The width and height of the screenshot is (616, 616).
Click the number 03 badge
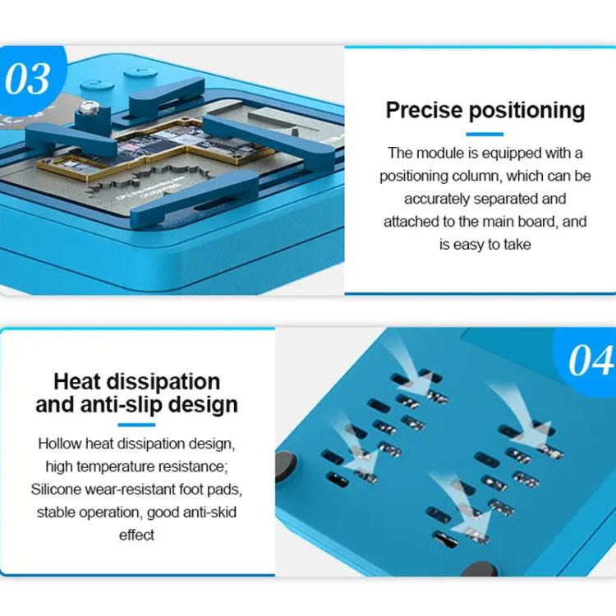pyautogui.click(x=28, y=80)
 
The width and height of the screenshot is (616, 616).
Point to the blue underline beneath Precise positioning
pyautogui.click(x=485, y=133)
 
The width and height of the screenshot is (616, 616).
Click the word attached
pyautogui.click(x=412, y=222)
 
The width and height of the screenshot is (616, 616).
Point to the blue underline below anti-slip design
pyautogui.click(x=136, y=425)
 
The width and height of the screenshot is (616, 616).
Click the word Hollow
pyautogui.click(x=60, y=444)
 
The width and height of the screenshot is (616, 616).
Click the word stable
pyautogui.click(x=55, y=513)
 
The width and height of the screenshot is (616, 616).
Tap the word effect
pyautogui.click(x=136, y=536)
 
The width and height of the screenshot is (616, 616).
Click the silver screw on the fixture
pyautogui.click(x=87, y=105)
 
